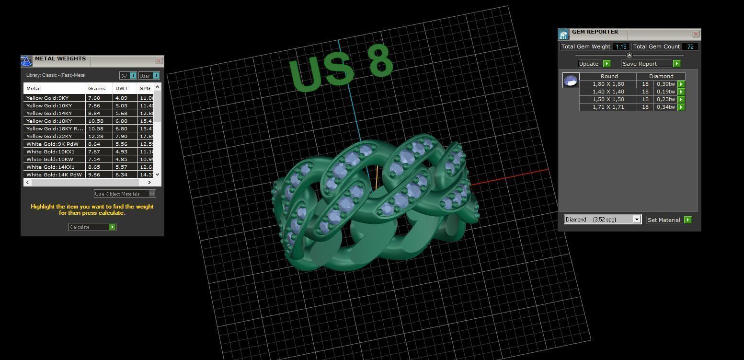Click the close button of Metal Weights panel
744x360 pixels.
click(x=159, y=61)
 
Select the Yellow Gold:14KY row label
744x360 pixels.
click(x=49, y=113)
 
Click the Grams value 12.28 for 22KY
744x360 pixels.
click(x=95, y=136)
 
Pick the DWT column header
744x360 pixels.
click(x=122, y=88)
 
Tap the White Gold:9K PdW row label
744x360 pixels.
click(x=52, y=144)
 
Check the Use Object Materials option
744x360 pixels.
click(x=152, y=194)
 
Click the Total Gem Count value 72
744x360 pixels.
click(x=690, y=46)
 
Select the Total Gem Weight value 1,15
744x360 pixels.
click(x=621, y=46)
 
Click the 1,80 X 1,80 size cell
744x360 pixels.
click(x=608, y=84)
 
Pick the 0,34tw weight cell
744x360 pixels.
click(x=665, y=107)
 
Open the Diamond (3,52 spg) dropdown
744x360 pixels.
click(x=636, y=220)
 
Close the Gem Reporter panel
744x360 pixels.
click(x=696, y=34)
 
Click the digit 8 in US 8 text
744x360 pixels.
click(x=381, y=61)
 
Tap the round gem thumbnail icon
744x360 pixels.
click(x=571, y=81)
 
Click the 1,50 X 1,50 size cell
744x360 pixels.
click(x=608, y=99)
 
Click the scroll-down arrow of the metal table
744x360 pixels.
click(x=157, y=174)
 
